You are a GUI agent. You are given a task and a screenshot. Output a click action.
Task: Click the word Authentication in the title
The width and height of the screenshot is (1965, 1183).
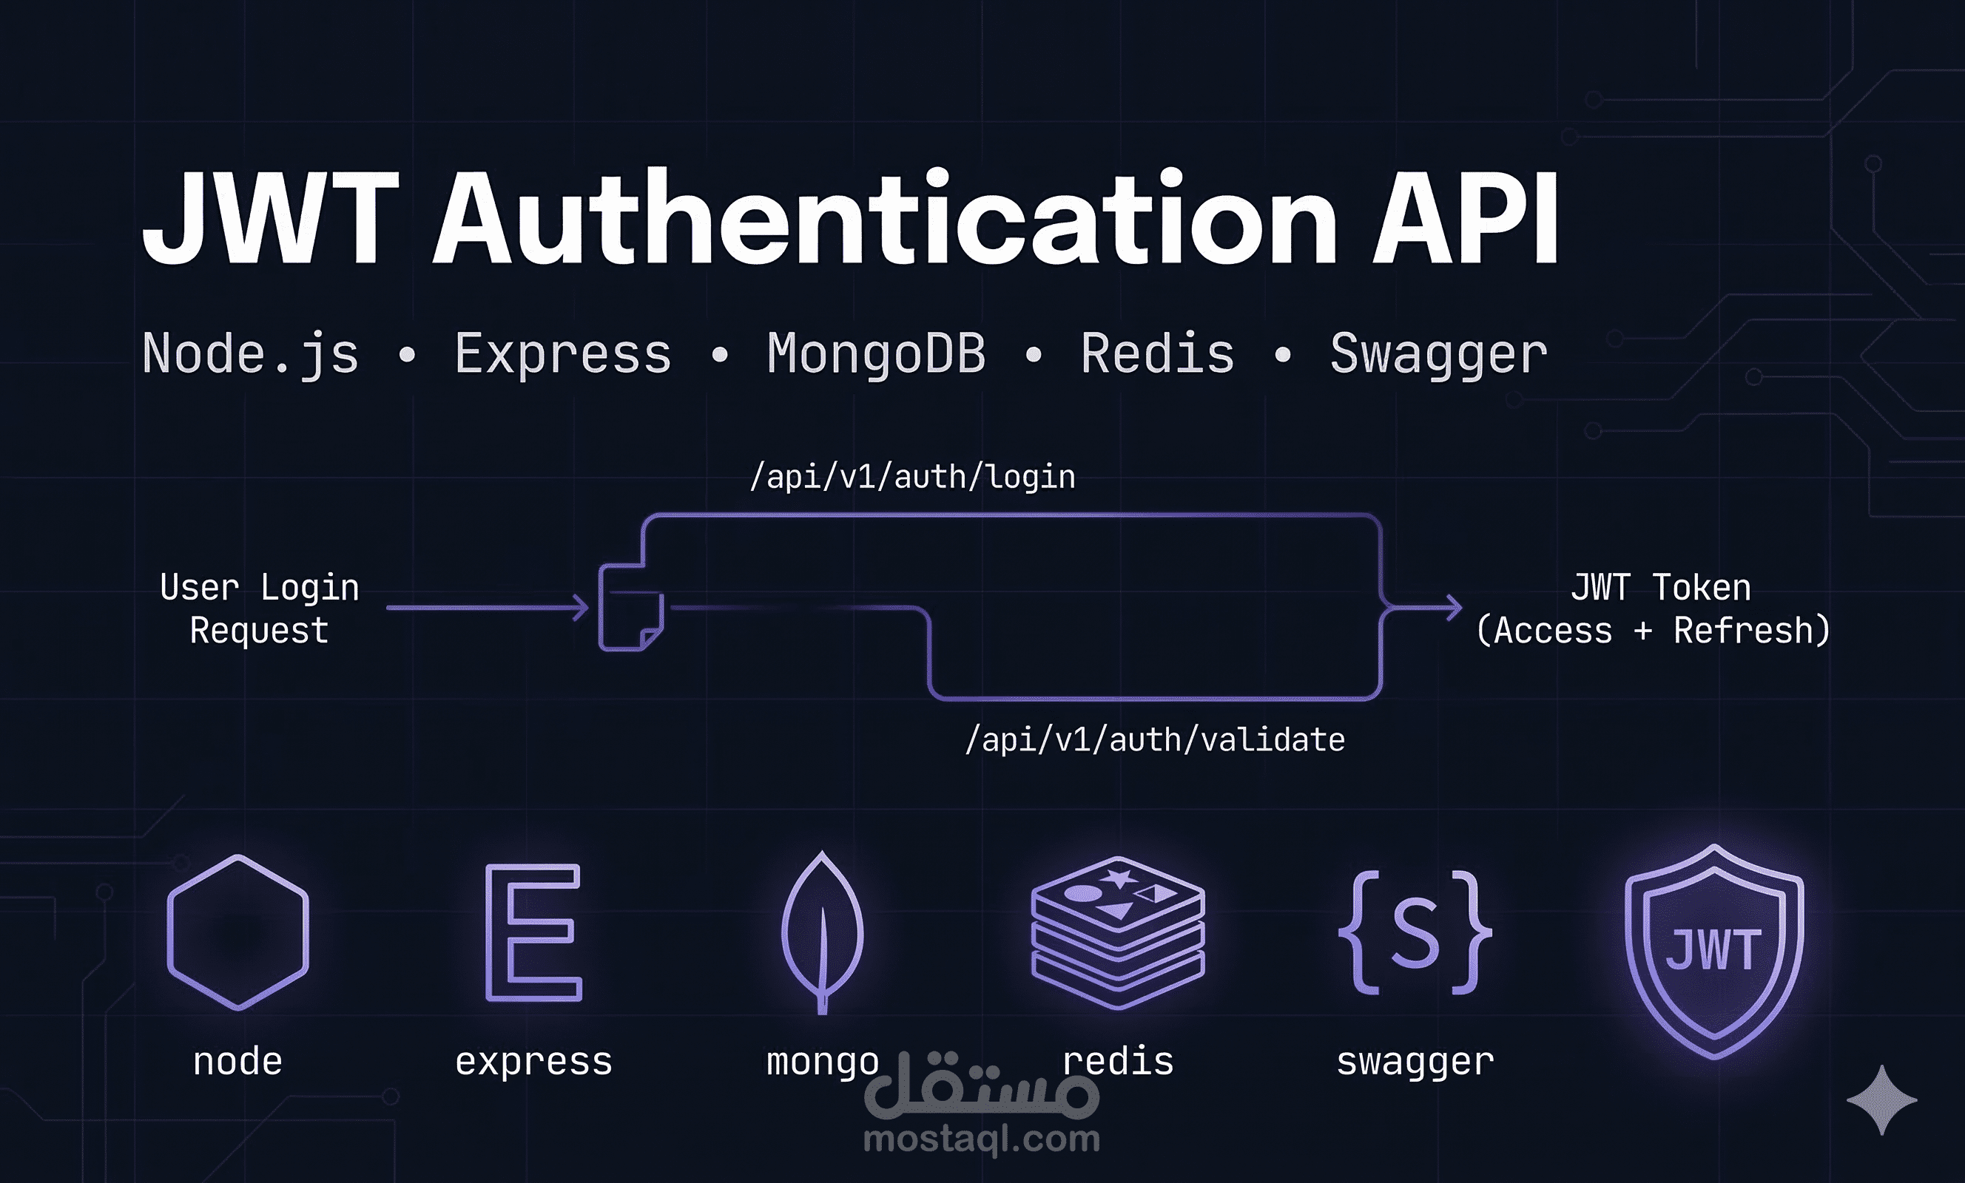pos(884,217)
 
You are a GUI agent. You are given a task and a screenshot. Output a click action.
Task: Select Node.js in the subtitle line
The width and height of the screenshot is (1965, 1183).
pos(250,355)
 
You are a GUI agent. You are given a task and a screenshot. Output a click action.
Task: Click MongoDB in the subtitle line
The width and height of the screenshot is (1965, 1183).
pos(877,354)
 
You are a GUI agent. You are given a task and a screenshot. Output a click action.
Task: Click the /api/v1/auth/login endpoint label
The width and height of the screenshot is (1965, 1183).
pos(912,478)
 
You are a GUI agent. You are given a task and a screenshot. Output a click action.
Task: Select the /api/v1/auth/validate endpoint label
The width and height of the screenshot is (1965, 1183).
pos(1155,741)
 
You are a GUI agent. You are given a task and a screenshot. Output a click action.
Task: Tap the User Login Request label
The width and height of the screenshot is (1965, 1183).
pos(259,609)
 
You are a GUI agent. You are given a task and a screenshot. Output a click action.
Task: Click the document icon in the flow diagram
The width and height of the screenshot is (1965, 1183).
pos(631,608)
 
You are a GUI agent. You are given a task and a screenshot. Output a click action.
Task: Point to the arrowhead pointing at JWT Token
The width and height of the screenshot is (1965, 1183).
pos(1455,608)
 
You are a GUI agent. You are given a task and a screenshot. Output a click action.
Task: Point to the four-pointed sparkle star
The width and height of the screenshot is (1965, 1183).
pos(1882,1100)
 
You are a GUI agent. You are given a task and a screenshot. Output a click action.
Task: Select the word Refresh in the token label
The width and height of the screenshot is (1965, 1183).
pos(1742,631)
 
